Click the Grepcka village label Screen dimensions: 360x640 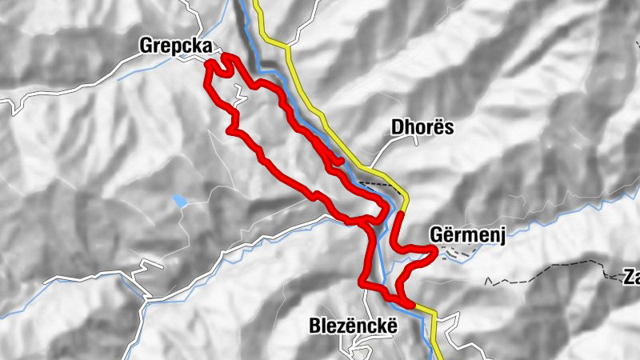(176, 46)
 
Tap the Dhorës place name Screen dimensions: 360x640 (422, 127)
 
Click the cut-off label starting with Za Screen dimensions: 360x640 (632, 278)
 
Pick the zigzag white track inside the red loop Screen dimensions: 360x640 (239, 97)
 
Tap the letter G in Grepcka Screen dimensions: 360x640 (146, 46)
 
